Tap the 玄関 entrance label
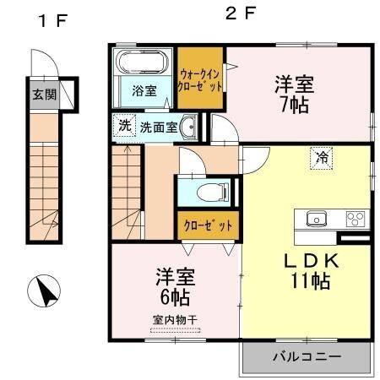point(45,94)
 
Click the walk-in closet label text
point(200,79)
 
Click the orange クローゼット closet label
point(208,226)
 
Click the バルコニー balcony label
point(307,357)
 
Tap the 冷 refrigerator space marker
point(322,156)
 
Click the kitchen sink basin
point(315,218)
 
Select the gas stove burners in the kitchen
point(354,218)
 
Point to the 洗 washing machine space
point(124,127)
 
